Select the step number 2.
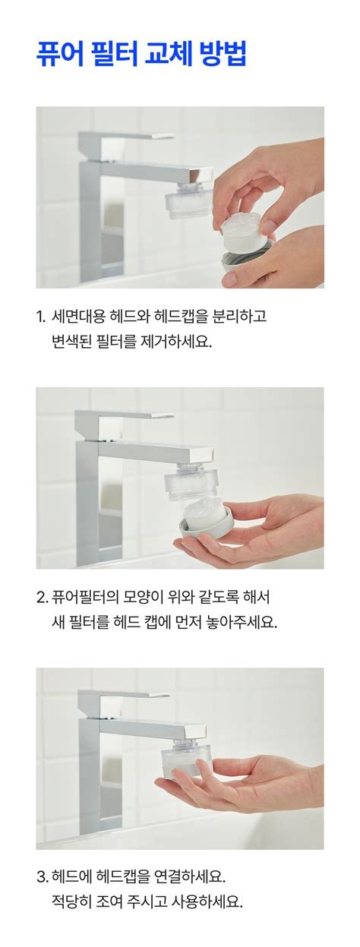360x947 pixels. pyautogui.click(x=42, y=598)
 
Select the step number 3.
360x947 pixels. pyautogui.click(x=42, y=878)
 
